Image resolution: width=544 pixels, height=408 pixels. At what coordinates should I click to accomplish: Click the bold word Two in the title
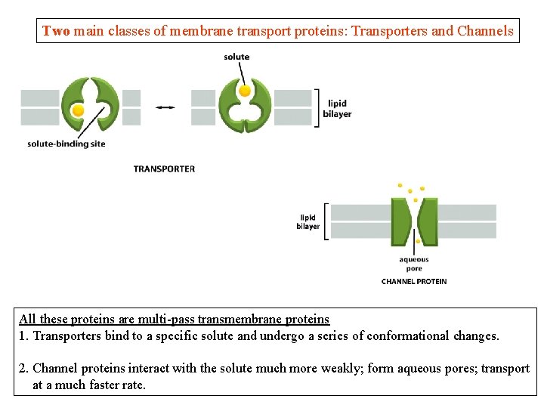(56, 31)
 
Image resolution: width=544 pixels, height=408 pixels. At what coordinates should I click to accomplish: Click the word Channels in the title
(485, 31)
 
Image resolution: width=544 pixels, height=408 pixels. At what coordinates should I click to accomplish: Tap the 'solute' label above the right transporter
(236, 57)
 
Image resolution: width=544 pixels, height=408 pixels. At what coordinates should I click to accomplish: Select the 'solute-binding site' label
(66, 144)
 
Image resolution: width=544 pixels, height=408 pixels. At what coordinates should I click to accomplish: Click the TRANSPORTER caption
(164, 168)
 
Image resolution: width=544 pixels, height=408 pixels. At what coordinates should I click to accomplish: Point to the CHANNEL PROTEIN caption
(413, 281)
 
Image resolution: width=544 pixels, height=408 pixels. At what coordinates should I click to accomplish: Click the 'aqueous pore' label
(413, 264)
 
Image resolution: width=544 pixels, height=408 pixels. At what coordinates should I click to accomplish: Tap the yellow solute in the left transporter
(77, 110)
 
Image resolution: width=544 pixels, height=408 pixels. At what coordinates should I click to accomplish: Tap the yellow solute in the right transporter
(245, 91)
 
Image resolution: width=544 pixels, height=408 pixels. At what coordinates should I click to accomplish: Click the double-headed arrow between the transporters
(165, 107)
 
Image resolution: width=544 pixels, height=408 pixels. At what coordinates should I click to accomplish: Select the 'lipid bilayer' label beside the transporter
(339, 109)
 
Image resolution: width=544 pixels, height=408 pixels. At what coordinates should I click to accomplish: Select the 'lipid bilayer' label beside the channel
(308, 221)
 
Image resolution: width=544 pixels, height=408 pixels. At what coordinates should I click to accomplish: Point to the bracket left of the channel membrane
(326, 221)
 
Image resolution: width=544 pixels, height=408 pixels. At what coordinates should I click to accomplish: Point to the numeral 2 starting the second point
(23, 368)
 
